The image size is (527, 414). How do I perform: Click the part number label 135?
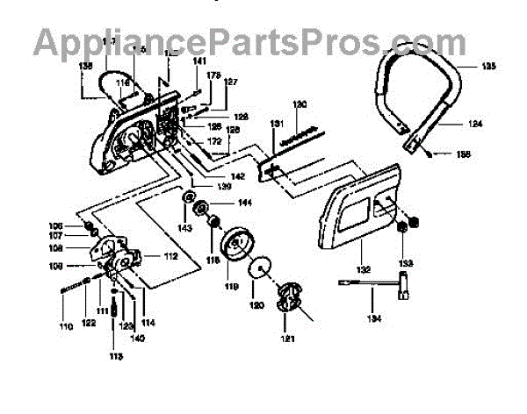(x=487, y=65)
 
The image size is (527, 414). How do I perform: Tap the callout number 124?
(x=474, y=125)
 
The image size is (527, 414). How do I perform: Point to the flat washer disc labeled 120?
(x=261, y=269)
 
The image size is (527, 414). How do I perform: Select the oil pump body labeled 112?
(x=119, y=256)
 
